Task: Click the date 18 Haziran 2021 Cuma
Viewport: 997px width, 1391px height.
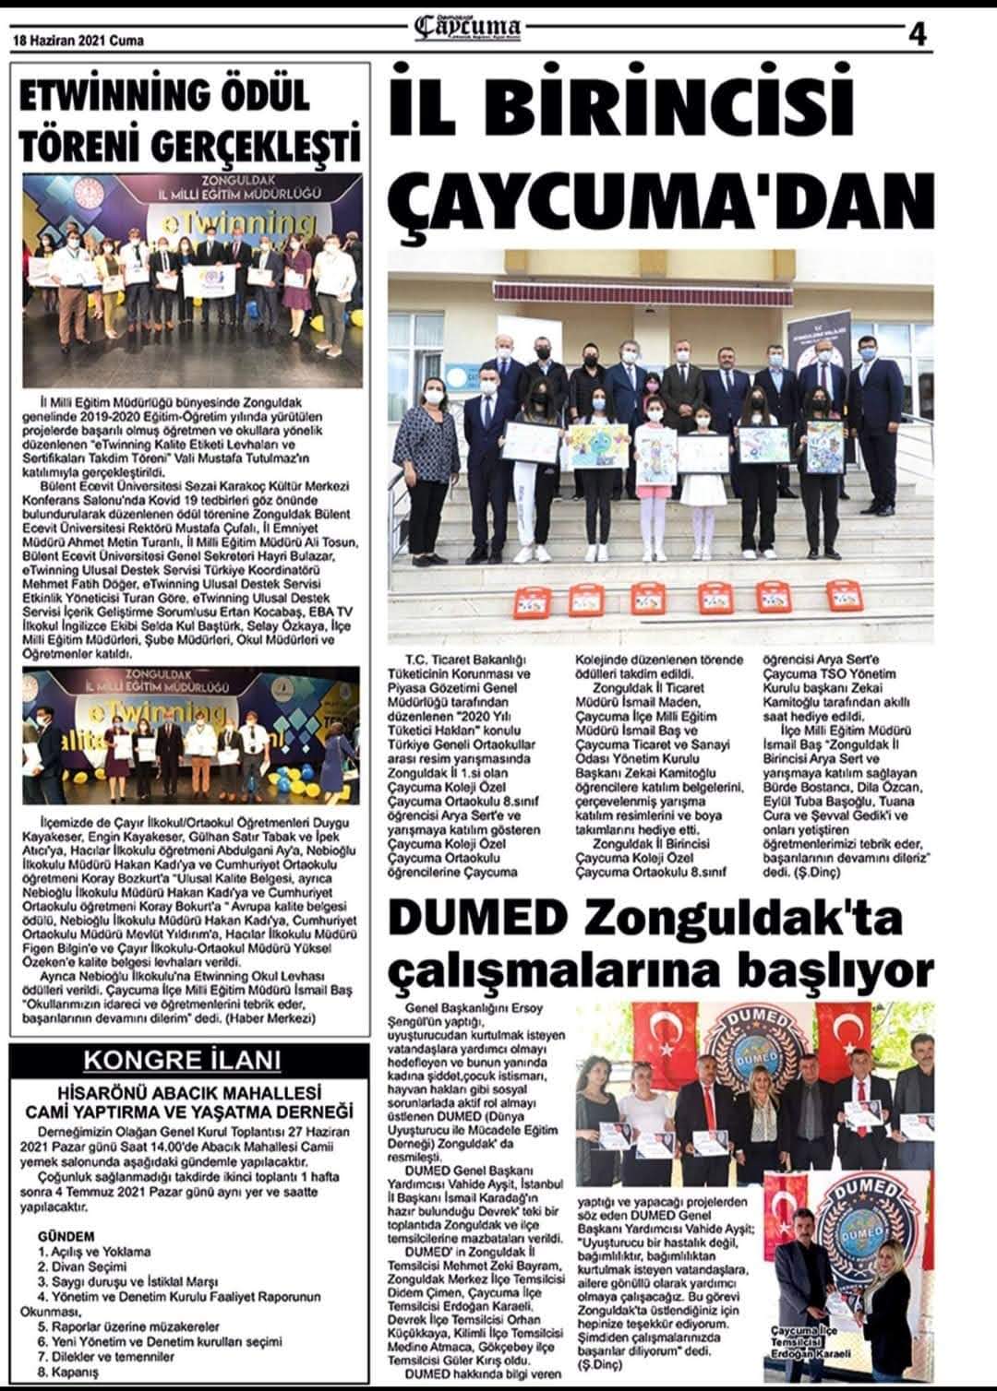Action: [78, 41]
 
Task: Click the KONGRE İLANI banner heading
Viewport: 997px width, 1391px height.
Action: [182, 1060]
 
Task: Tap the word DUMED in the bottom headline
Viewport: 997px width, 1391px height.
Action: [474, 919]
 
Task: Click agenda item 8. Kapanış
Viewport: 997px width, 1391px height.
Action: [68, 1371]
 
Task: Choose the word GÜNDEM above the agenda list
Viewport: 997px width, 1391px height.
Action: [66, 1235]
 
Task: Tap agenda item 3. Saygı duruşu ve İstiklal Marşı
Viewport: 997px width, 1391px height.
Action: [127, 1282]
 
